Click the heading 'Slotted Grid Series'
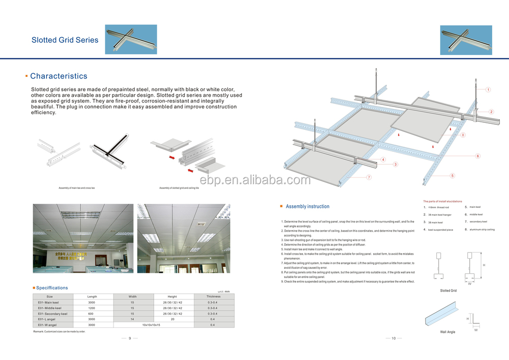[65, 40]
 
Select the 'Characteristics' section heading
[59, 76]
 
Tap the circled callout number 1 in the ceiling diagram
[488, 90]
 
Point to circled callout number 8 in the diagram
[463, 135]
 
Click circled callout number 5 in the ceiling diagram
[453, 175]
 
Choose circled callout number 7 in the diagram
[369, 177]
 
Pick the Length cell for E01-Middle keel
[92, 308]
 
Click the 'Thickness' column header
[213, 296]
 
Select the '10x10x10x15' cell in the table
[151, 325]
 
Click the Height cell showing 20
[172, 319]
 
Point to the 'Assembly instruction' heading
[307, 207]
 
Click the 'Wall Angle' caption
[447, 332]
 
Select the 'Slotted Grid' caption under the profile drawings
[448, 291]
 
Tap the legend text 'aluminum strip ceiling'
[482, 230]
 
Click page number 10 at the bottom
[393, 339]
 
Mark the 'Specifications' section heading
[52, 288]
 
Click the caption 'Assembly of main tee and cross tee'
[76, 188]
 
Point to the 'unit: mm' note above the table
[224, 291]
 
